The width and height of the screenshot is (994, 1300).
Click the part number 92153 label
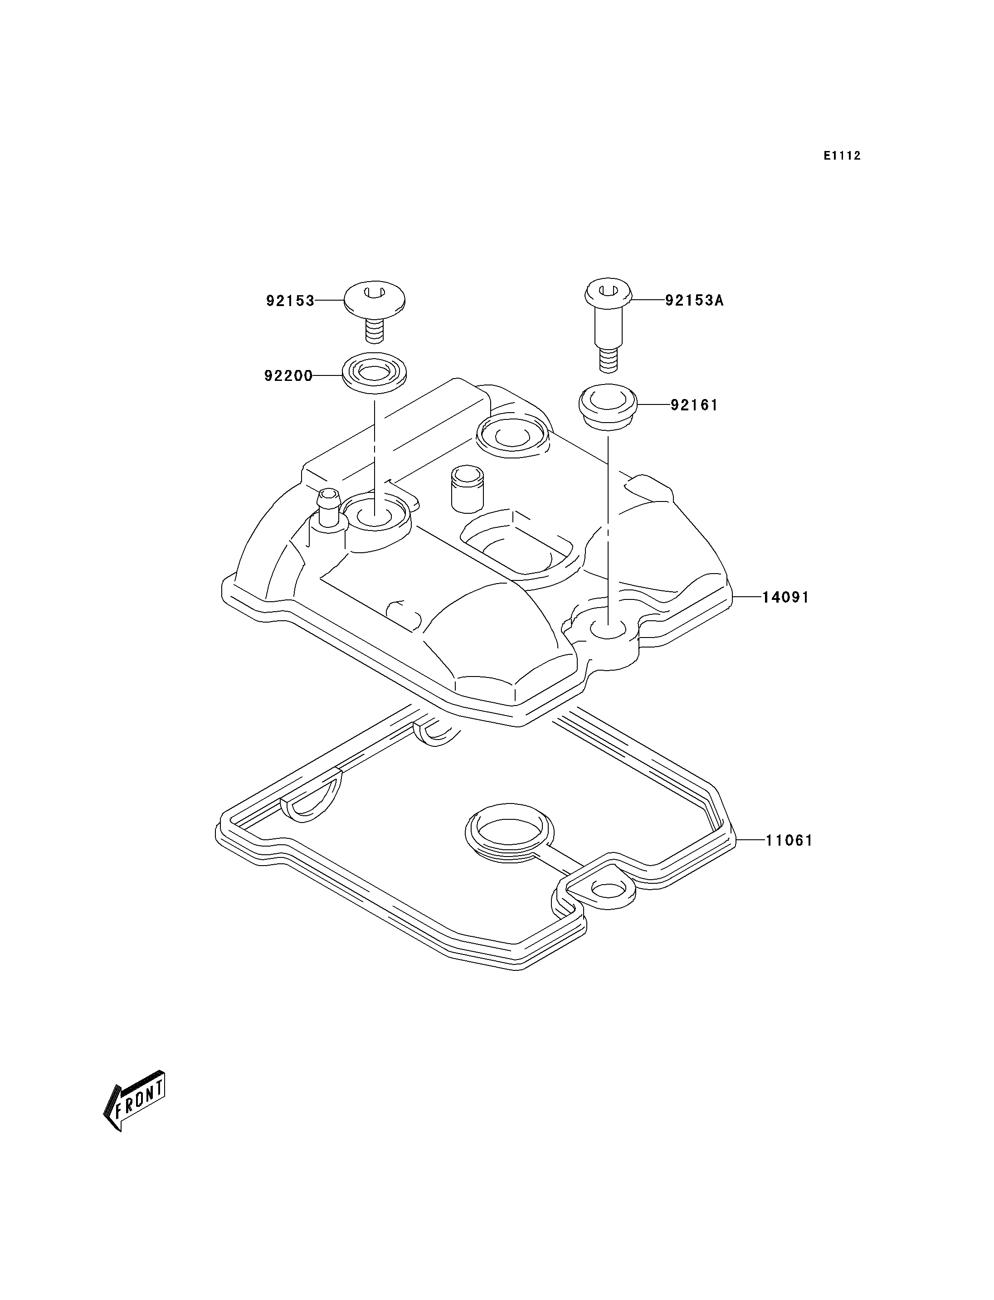tap(290, 301)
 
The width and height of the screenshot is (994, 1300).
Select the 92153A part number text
tap(694, 301)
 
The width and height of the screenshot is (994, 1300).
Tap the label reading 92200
tap(289, 376)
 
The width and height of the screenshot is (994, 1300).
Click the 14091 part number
tap(785, 598)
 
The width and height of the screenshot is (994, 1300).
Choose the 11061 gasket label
tap(789, 841)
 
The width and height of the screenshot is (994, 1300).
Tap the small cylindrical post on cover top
tap(467, 488)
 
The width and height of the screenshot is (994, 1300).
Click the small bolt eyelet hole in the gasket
tap(606, 906)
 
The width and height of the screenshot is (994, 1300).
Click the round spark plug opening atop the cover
tap(513, 435)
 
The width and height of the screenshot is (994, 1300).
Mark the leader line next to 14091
tap(747, 598)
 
